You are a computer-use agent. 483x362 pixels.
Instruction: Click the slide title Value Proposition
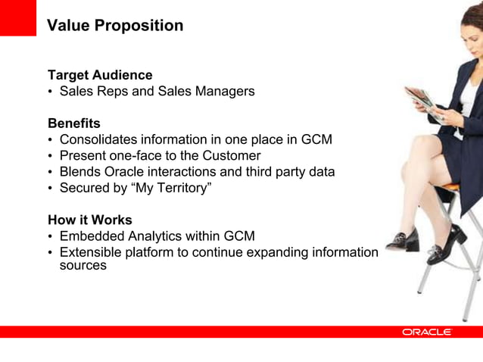point(115,26)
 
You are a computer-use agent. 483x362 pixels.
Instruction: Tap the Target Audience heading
point(100,75)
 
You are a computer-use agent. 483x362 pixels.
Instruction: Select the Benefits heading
point(74,123)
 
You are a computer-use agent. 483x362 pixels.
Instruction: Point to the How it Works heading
point(90,220)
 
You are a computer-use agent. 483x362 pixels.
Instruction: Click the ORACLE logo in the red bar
point(427,332)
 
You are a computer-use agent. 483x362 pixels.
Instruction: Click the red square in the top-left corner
point(17,17)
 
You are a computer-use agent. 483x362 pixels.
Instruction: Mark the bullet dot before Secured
point(50,189)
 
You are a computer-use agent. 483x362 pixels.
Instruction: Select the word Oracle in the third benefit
point(136,172)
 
